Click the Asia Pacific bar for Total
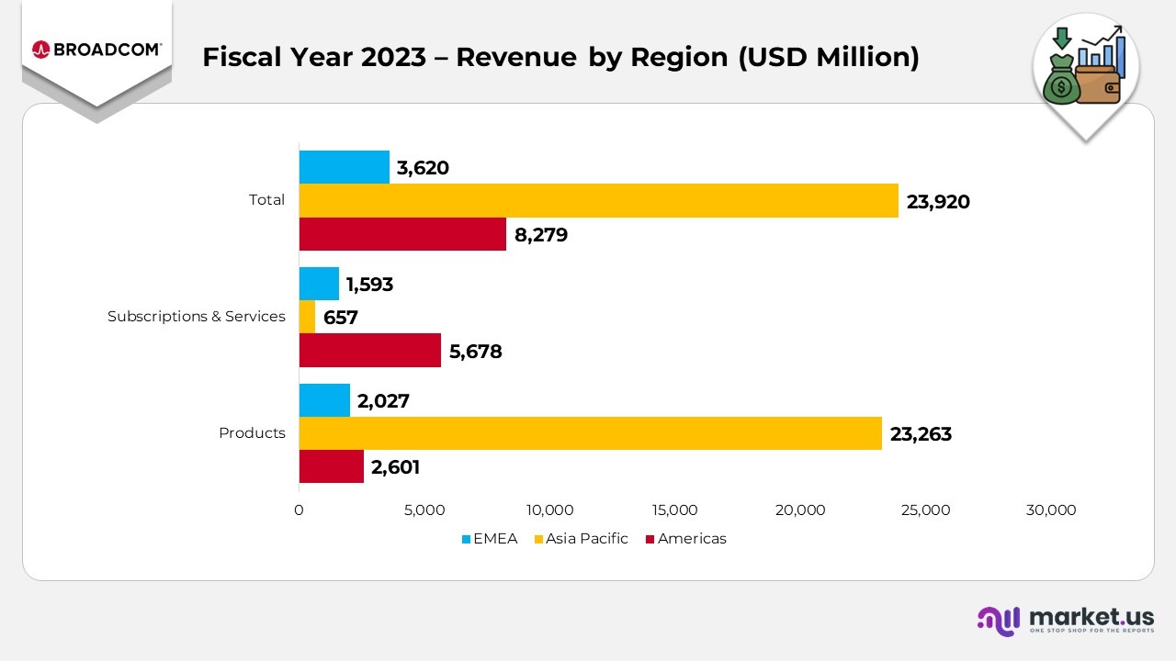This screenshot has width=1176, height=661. [x=598, y=200]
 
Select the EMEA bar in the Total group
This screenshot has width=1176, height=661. [x=344, y=167]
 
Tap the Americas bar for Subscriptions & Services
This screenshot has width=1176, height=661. [x=369, y=351]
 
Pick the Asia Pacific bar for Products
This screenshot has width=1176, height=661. [x=590, y=433]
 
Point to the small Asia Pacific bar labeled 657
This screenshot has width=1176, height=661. [x=307, y=318]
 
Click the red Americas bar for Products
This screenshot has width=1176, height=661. [x=331, y=466]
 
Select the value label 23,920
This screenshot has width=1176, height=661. [x=938, y=202]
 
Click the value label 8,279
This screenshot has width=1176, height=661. [x=541, y=235]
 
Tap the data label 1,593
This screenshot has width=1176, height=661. [x=369, y=285]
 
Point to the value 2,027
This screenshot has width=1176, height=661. [x=383, y=401]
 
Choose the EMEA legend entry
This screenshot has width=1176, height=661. [x=489, y=539]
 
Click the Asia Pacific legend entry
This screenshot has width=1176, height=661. [x=580, y=539]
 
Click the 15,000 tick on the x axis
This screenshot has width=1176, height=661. [x=674, y=510]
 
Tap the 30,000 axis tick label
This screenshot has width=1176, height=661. [x=1050, y=510]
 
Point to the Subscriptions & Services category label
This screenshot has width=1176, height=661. [x=197, y=317]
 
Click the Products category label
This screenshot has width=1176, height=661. [x=252, y=433]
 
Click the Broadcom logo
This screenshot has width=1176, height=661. [x=96, y=50]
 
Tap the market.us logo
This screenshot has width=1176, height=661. [x=1065, y=619]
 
